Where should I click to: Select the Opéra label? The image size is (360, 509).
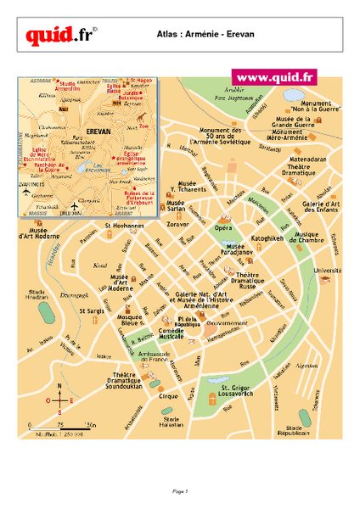pos(223,229)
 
